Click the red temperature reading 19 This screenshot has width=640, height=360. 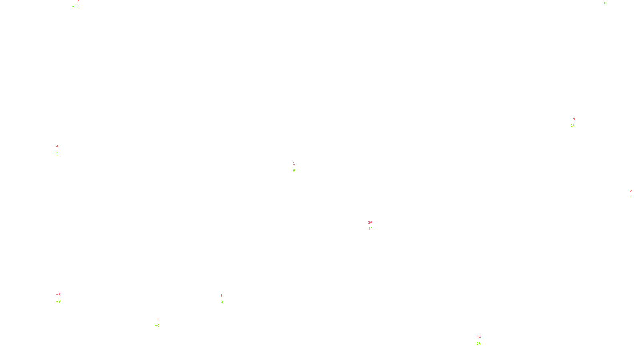tap(573, 119)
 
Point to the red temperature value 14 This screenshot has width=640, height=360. tap(370, 222)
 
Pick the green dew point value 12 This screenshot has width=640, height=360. tap(370, 229)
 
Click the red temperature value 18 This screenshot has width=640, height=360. tap(479, 337)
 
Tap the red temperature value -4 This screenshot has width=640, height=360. tap(56, 146)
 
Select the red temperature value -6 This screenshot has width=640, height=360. tap(58, 295)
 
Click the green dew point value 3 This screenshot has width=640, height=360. tap(222, 302)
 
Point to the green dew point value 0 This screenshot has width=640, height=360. tap(294, 170)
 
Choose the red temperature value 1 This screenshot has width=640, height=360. tap(294, 164)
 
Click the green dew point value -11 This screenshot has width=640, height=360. tap(76, 7)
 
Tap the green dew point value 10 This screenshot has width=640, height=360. tap(604, 3)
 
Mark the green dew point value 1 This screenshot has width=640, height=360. tap(631, 197)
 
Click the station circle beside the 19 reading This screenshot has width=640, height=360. tap(577, 122)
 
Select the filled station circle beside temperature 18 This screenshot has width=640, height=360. tap(482, 340)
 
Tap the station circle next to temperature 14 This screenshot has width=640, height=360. tap(374, 226)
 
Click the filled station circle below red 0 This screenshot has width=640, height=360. tap(161, 322)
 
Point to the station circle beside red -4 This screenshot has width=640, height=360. tap(60, 150)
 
